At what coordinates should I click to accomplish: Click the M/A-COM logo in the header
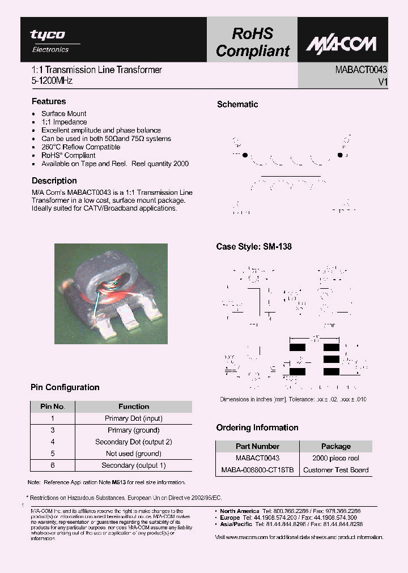(341, 44)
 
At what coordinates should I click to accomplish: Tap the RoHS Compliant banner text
(253, 42)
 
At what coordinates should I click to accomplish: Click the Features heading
(49, 101)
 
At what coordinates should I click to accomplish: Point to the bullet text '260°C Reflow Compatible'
(80, 147)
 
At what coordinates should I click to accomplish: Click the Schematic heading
(237, 104)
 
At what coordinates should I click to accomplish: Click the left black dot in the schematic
(245, 155)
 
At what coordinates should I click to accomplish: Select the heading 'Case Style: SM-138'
(254, 247)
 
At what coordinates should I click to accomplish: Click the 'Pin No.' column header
(53, 407)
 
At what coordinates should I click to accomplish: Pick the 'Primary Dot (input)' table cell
(134, 418)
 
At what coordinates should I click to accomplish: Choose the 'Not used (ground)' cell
(134, 454)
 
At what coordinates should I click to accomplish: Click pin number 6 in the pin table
(53, 465)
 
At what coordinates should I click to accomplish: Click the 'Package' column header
(336, 446)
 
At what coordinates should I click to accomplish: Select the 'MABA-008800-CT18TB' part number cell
(257, 470)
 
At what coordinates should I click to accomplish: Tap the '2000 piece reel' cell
(336, 458)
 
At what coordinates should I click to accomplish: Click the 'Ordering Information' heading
(257, 427)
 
